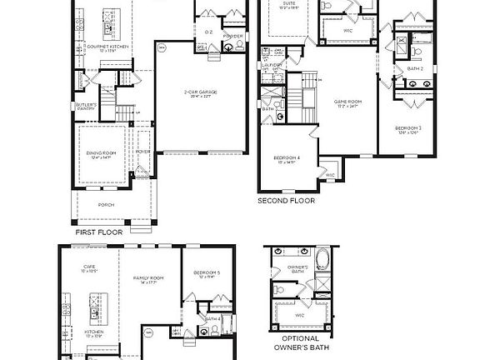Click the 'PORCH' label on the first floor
106,204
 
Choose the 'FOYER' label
143,152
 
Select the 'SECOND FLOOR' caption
288,201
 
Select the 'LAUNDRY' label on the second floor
274,64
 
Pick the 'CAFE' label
89,268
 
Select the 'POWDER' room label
233,37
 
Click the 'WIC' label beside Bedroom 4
330,175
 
